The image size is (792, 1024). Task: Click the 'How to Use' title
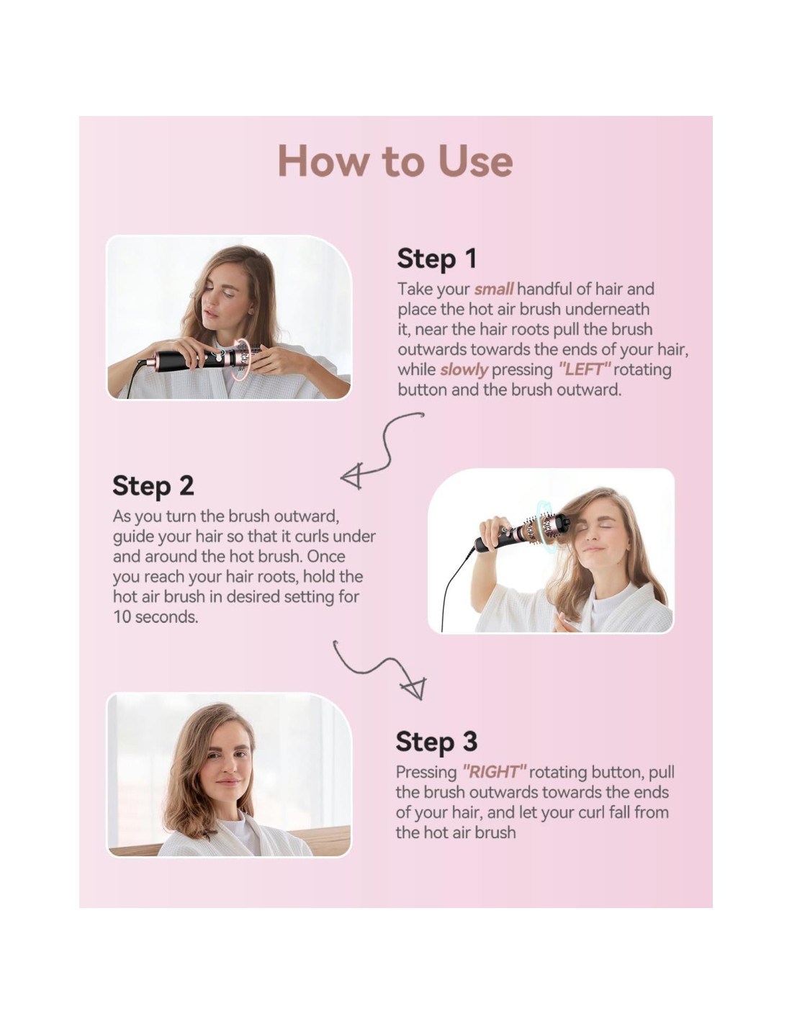click(x=395, y=161)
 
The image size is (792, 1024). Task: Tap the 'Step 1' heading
click(x=437, y=259)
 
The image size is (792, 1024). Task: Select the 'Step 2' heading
click(x=153, y=486)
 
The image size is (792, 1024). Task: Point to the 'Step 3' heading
click(x=436, y=741)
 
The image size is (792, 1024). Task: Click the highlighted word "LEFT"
click(x=584, y=369)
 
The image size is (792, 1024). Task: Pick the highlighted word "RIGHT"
click(x=494, y=772)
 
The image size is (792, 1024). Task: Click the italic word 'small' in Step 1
click(x=493, y=289)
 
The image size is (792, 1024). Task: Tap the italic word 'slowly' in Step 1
click(x=464, y=370)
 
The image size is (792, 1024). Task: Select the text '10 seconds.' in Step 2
click(x=156, y=617)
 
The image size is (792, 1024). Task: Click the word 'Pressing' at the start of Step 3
click(x=426, y=773)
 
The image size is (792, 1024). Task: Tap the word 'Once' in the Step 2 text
click(x=326, y=557)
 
